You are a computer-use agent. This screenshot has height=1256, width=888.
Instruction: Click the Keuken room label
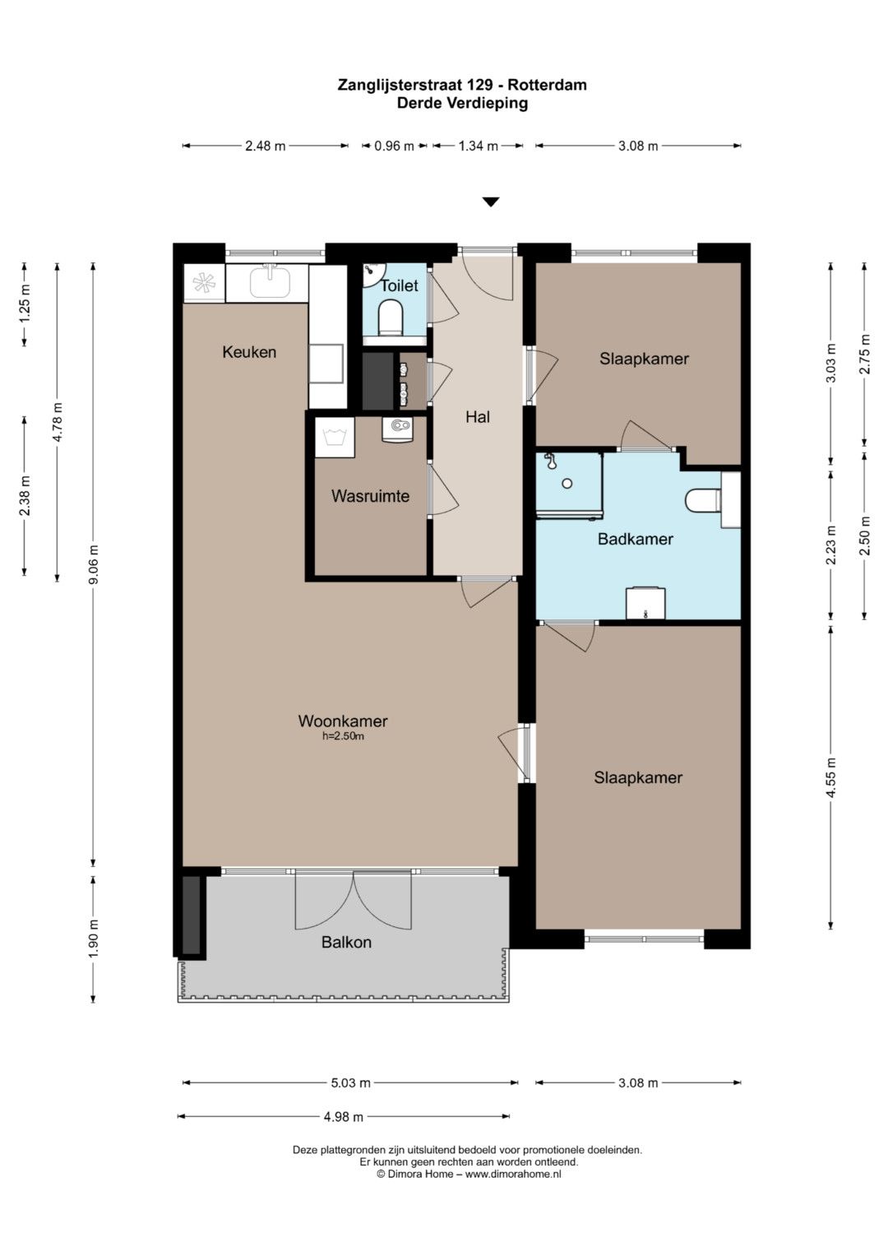point(249,352)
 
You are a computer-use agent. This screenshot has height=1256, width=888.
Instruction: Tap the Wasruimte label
point(370,496)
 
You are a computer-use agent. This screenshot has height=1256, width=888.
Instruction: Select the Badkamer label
point(635,540)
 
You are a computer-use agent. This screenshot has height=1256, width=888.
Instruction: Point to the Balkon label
point(346,942)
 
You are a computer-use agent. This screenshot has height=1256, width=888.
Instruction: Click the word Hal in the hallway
point(478,417)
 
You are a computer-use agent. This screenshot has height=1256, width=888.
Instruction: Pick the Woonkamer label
point(343,721)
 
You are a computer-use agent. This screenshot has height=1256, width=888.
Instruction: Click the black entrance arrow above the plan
point(491,202)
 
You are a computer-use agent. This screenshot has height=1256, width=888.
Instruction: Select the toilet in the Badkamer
point(703,500)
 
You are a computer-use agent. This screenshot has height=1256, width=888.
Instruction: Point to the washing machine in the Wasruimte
point(334,438)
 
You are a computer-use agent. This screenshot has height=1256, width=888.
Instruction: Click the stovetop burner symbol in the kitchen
point(204,283)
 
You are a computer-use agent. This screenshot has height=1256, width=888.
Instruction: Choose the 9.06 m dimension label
point(95,564)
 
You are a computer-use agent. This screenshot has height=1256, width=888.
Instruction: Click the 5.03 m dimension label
point(351,1082)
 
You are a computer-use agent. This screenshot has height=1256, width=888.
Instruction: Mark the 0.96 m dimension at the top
point(394,146)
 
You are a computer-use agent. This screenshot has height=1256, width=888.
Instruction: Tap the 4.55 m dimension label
point(830,777)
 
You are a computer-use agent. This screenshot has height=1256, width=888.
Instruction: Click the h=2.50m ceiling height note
point(343,737)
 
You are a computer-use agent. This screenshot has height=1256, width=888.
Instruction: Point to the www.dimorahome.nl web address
point(513,1174)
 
